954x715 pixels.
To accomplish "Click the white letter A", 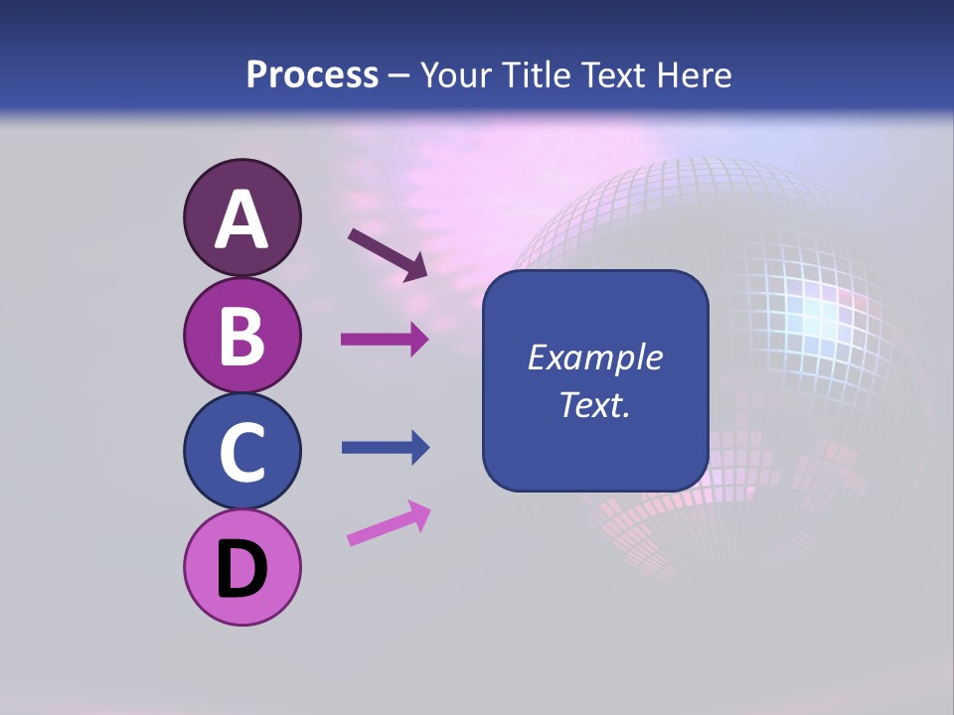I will coord(241,219).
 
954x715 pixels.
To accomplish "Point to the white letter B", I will coord(241,336).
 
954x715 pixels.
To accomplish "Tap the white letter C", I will coord(241,452).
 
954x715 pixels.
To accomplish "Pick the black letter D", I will coord(241,570).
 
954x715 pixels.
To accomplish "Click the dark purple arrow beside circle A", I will coord(388,254).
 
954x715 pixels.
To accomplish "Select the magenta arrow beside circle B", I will coord(385,340).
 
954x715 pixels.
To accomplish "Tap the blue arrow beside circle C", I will coord(385,448).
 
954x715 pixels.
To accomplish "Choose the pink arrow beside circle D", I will coord(389,523).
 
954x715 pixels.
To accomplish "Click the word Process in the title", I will coord(312,74).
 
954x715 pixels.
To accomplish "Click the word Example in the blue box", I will coord(594,357).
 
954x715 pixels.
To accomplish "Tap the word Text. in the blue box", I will coord(594,405).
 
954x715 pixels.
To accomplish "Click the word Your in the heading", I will coord(452,74).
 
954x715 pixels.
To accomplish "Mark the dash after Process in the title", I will coord(399,75).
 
